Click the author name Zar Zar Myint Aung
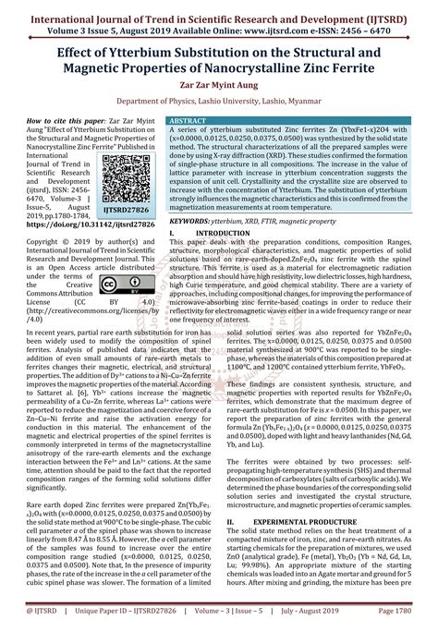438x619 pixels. pos(219,81)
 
